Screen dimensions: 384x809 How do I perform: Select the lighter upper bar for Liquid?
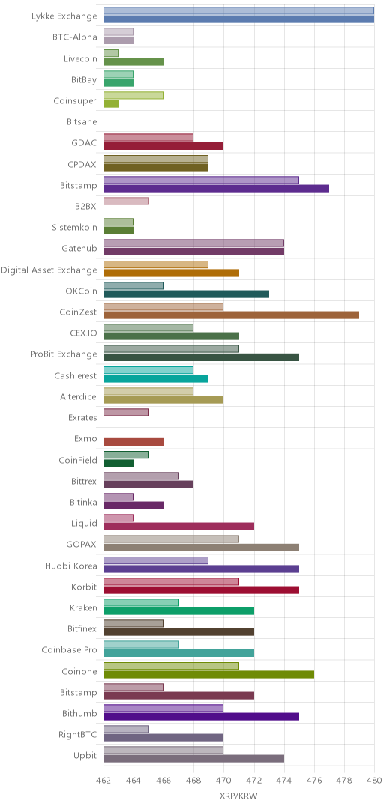(x=118, y=518)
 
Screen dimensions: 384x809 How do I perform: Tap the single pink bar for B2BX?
(x=125, y=201)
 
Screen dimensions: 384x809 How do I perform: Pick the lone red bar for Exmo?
(x=133, y=442)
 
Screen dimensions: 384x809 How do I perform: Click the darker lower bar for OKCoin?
(x=186, y=294)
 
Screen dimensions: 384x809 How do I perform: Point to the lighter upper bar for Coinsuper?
(x=133, y=95)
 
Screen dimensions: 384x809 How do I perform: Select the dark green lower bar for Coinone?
(x=208, y=674)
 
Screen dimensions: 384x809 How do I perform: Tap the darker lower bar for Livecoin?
(x=133, y=61)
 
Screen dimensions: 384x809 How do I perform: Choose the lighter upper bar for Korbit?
(x=171, y=581)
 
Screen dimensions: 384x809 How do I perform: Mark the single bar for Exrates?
(x=125, y=412)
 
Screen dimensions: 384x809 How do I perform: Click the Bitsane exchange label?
(x=82, y=122)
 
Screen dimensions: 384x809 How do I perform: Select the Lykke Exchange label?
(x=64, y=16)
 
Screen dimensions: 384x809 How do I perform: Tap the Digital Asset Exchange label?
(x=49, y=270)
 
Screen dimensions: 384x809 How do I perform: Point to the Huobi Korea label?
(x=70, y=566)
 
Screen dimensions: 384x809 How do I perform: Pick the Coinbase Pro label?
(x=69, y=649)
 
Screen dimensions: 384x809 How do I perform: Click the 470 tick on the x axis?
(x=223, y=781)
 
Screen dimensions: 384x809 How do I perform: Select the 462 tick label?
(x=103, y=781)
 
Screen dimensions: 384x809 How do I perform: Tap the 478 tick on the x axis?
(x=344, y=781)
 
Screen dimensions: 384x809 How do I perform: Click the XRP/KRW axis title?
(x=238, y=796)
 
